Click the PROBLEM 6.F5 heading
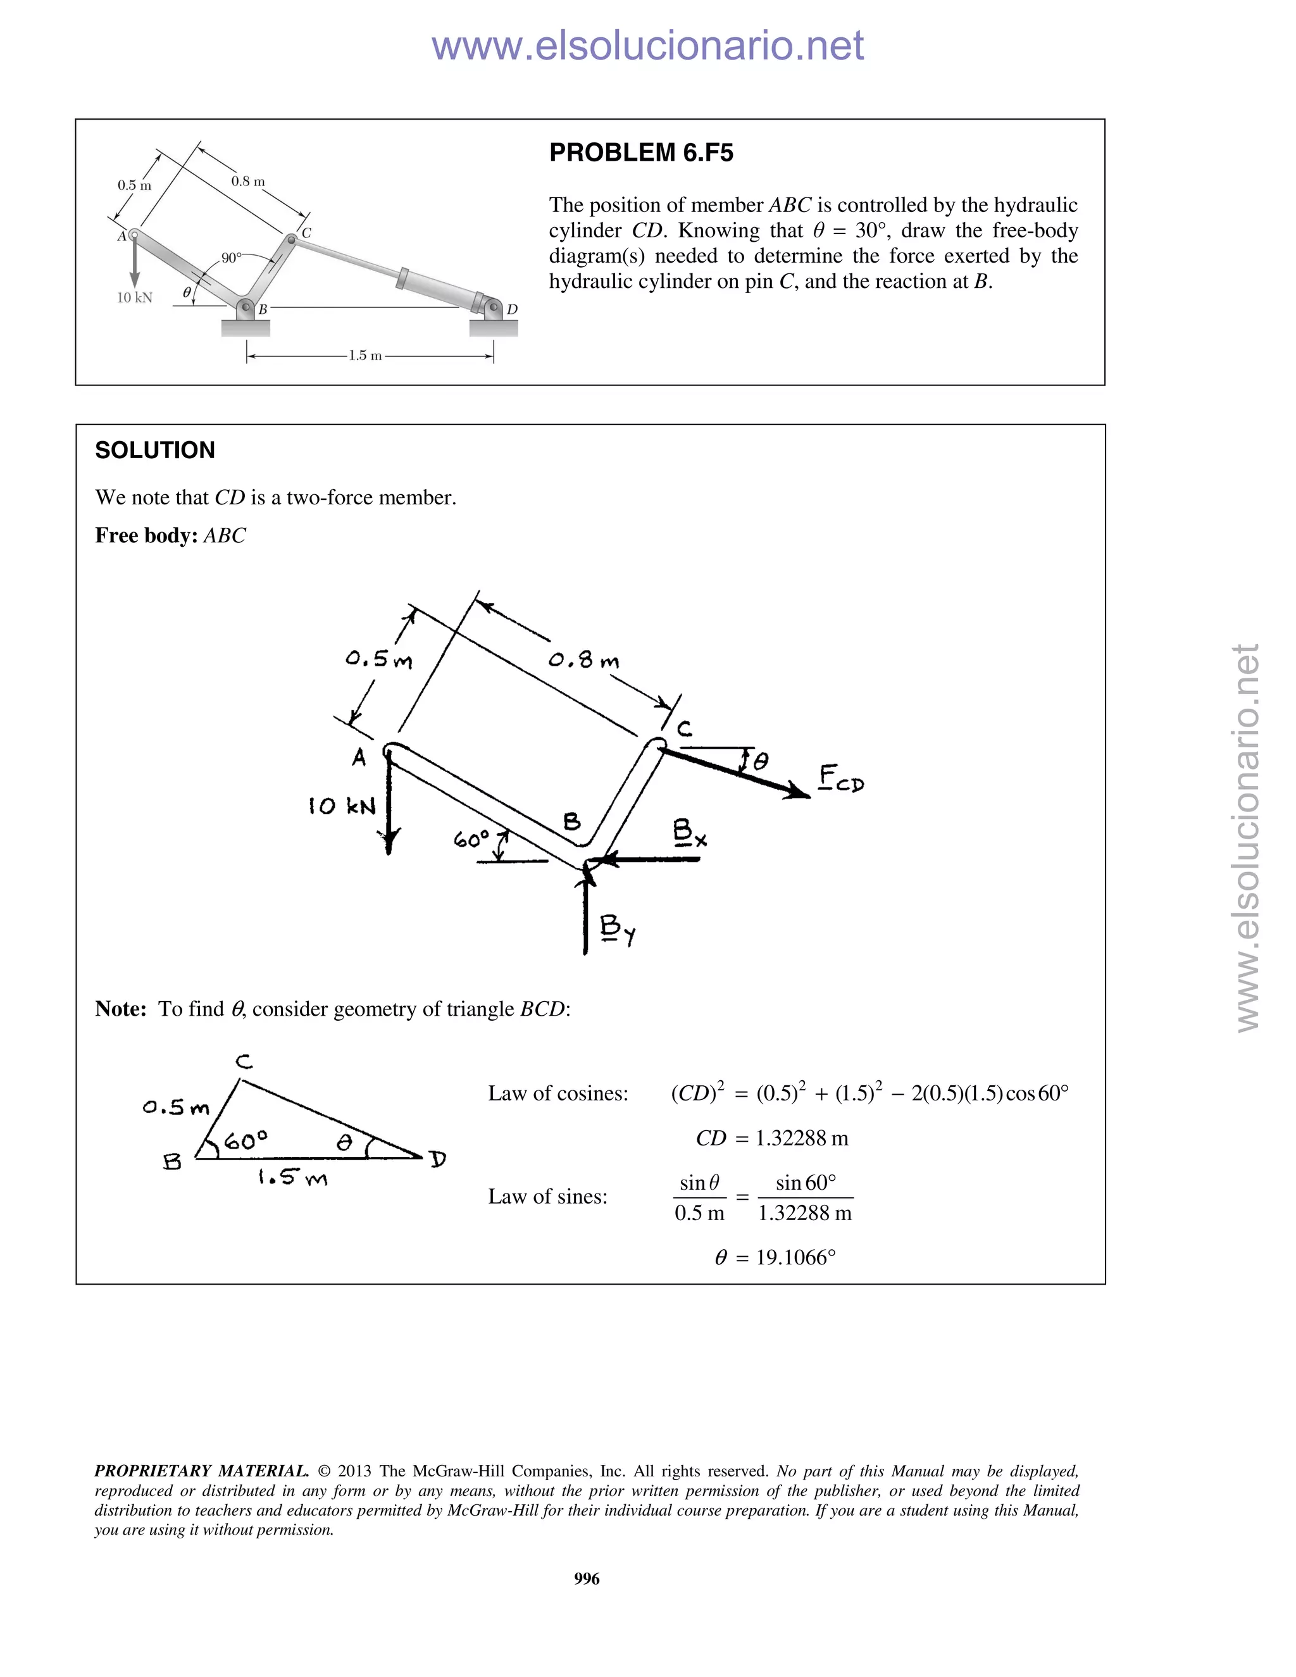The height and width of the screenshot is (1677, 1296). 641,153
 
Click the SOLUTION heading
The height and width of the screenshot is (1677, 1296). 155,450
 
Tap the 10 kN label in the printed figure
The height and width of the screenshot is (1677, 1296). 134,298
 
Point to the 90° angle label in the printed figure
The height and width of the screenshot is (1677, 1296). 231,258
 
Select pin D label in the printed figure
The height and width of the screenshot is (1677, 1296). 512,309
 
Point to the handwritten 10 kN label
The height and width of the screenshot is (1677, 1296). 342,806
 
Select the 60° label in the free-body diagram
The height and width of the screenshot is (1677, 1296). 471,839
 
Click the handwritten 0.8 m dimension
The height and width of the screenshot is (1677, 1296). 583,659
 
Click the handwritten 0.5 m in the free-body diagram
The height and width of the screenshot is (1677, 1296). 378,659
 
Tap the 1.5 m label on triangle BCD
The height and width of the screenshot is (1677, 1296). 292,1177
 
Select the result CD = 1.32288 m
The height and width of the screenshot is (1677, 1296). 771,1138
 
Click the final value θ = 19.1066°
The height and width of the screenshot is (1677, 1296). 775,1257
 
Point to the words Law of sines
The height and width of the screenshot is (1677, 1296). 547,1196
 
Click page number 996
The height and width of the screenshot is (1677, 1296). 587,1578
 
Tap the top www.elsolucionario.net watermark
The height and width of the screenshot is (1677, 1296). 647,46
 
